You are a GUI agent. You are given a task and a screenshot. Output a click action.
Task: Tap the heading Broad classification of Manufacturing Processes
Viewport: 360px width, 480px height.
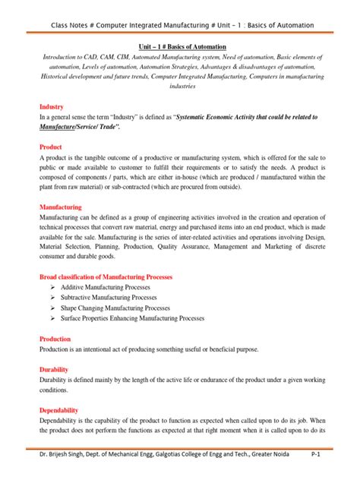pos(106,277)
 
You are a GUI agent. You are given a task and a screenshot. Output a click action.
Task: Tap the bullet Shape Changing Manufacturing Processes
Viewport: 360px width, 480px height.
pos(123,308)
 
